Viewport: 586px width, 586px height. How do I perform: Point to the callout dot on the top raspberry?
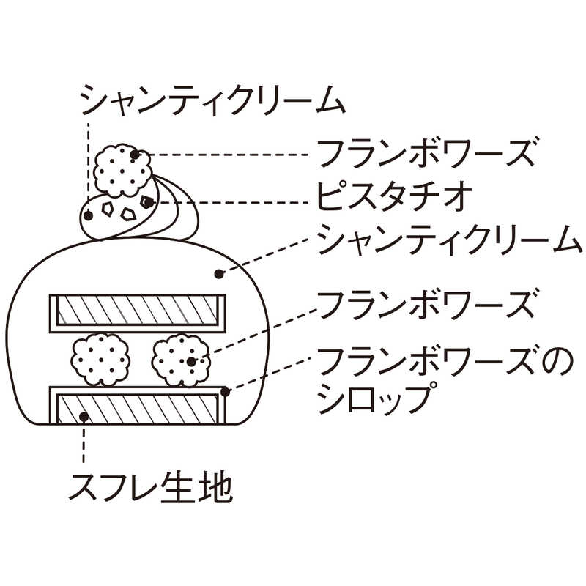[x=135, y=155]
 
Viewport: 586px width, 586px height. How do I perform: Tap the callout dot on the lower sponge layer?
[x=85, y=417]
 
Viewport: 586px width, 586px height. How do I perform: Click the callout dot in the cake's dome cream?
[x=218, y=274]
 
